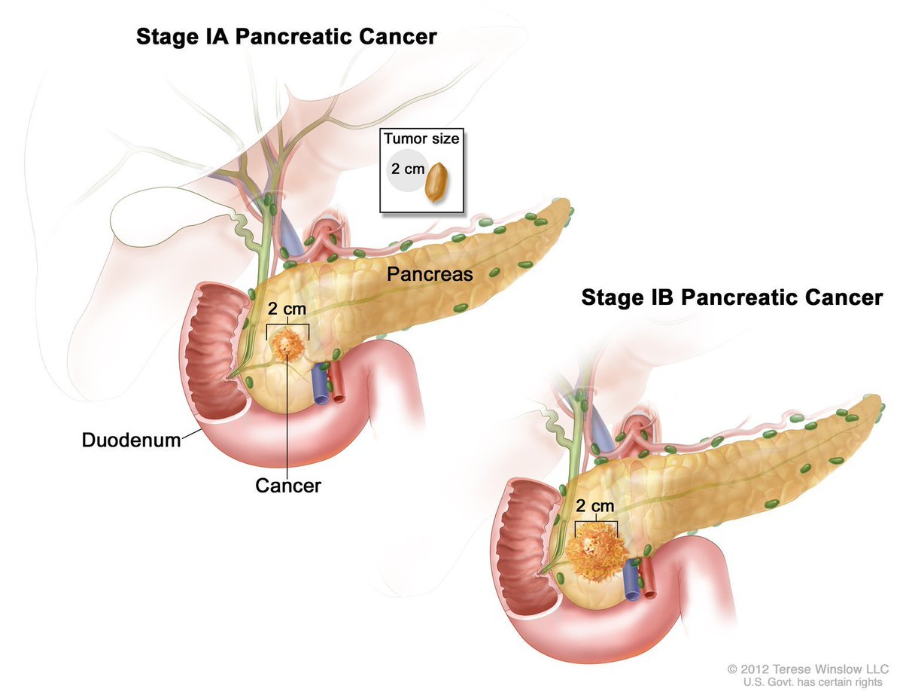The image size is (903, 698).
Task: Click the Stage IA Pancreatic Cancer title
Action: point(286,37)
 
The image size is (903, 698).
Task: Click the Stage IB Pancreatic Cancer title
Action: point(731,297)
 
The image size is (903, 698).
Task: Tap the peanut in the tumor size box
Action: point(436,182)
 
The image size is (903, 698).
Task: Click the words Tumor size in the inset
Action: point(421,139)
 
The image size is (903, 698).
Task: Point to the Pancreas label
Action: point(430,274)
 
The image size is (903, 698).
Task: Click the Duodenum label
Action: point(132,440)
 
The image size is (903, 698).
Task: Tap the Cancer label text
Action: point(288,486)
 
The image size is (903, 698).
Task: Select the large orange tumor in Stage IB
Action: point(597,552)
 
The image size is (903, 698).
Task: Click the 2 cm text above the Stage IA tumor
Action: point(287,309)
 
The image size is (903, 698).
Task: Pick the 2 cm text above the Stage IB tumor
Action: point(595,506)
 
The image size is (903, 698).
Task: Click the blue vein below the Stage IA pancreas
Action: point(321,383)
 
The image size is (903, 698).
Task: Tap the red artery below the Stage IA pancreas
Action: point(337,382)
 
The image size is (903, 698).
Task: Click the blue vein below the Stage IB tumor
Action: point(631,579)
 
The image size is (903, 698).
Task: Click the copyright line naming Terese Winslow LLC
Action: point(808,669)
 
